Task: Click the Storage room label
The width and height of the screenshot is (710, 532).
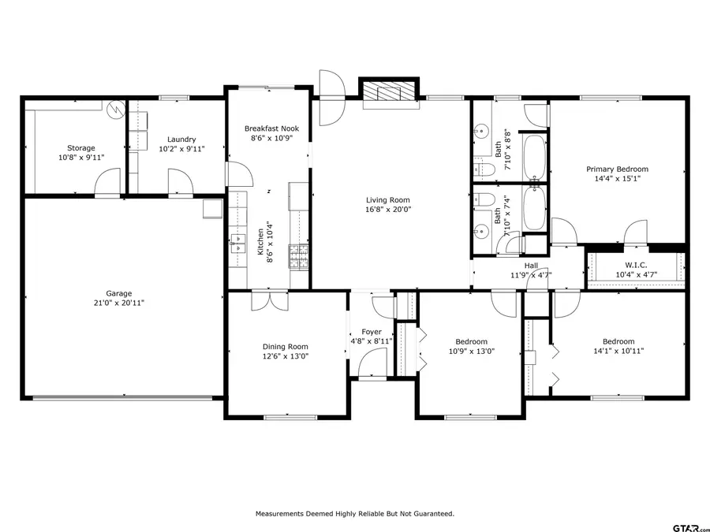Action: (80, 147)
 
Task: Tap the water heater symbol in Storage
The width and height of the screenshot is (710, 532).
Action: (116, 107)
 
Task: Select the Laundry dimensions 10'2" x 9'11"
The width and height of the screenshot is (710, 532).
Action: (181, 148)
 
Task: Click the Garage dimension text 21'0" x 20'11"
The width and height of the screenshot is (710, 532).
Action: (119, 303)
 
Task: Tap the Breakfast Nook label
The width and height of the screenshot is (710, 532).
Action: (271, 128)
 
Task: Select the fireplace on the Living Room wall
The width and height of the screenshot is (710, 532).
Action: (388, 93)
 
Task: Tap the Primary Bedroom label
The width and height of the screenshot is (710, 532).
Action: (616, 169)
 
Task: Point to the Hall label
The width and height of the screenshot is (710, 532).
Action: (531, 266)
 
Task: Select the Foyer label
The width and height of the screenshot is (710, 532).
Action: (371, 332)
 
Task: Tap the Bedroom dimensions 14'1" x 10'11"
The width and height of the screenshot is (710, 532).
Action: (618, 352)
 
